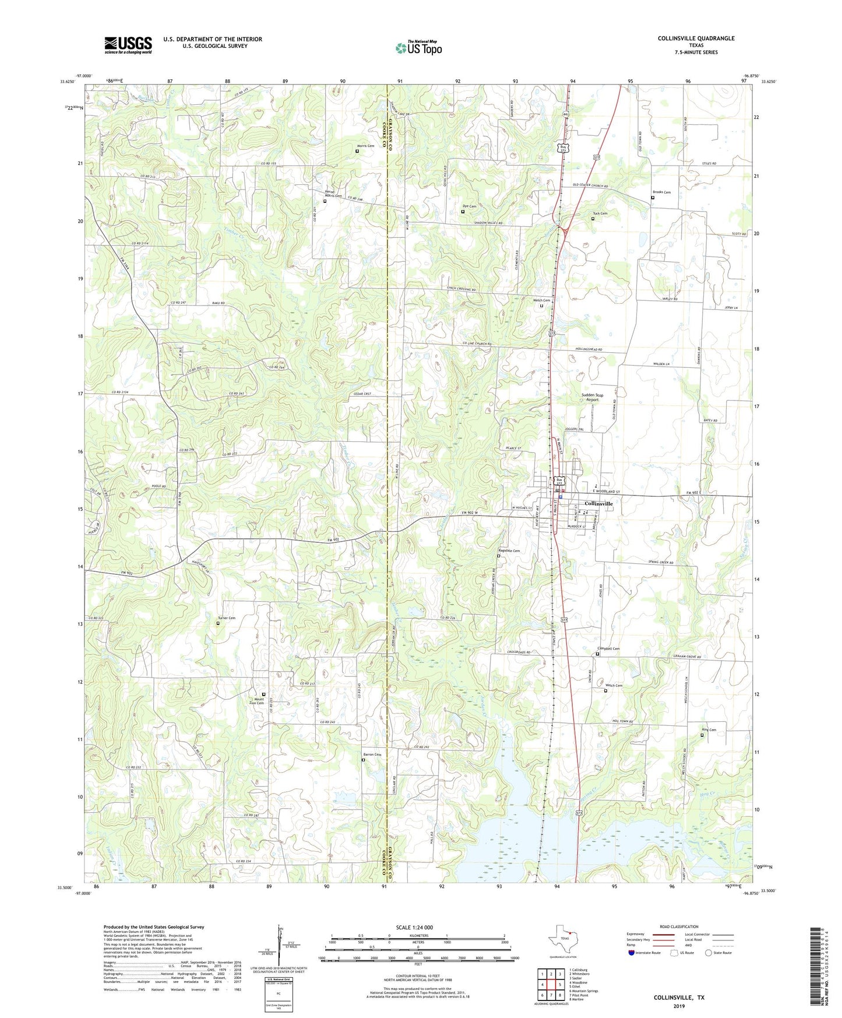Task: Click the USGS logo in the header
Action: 128,45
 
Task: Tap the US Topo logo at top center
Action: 418,48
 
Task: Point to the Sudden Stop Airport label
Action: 592,397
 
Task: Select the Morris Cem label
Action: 365,146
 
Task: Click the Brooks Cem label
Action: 661,192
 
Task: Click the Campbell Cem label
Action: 608,649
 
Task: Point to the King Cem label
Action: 709,730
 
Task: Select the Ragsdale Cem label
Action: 509,551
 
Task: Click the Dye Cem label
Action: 469,206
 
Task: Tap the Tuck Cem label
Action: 600,213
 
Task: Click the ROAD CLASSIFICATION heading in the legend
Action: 679,926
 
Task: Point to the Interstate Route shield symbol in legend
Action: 632,953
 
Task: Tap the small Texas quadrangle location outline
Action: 562,939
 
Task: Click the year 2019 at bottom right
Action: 679,1006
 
